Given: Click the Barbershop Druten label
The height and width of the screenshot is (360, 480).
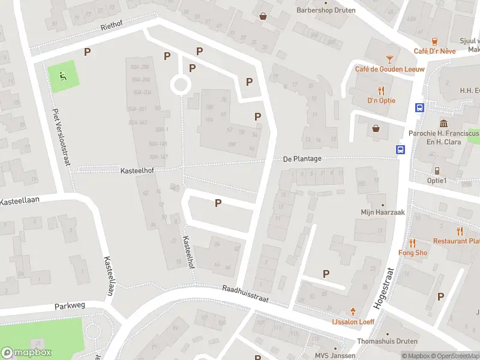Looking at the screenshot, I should click(x=326, y=10).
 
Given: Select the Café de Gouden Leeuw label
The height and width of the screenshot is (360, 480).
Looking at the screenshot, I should click(x=381, y=70).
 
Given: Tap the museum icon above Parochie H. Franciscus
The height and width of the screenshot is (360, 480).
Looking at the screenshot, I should click(x=443, y=122).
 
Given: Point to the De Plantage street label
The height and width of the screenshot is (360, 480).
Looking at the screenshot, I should click(x=302, y=159).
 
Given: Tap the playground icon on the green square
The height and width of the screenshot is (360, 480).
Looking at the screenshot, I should click(x=62, y=76).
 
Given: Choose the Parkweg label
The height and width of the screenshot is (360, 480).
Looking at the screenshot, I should click(x=70, y=305).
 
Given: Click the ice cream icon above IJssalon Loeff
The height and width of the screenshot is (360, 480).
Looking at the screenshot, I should click(x=353, y=311).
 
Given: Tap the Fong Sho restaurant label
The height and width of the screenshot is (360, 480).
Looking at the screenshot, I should click(x=413, y=253).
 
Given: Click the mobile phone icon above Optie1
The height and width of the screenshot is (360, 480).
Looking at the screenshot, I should click(x=437, y=170).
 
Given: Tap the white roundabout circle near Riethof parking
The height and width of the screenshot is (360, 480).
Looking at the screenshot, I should click(x=180, y=85).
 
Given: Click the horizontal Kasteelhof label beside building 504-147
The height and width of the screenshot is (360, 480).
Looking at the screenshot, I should click(x=137, y=171).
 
